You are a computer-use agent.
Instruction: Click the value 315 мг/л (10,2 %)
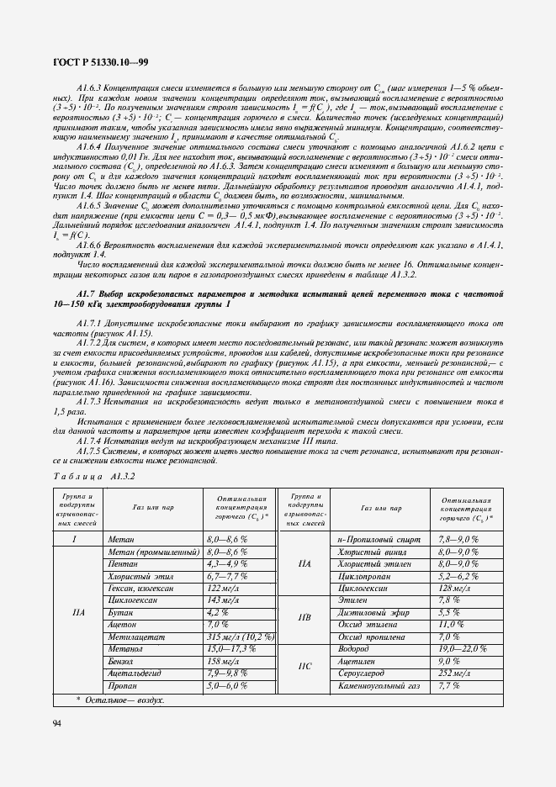tap(240, 637)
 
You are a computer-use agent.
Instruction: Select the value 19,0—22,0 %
tap(463, 650)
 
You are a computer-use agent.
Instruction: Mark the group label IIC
tap(305, 668)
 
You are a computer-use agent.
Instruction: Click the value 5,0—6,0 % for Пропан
tap(226, 686)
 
